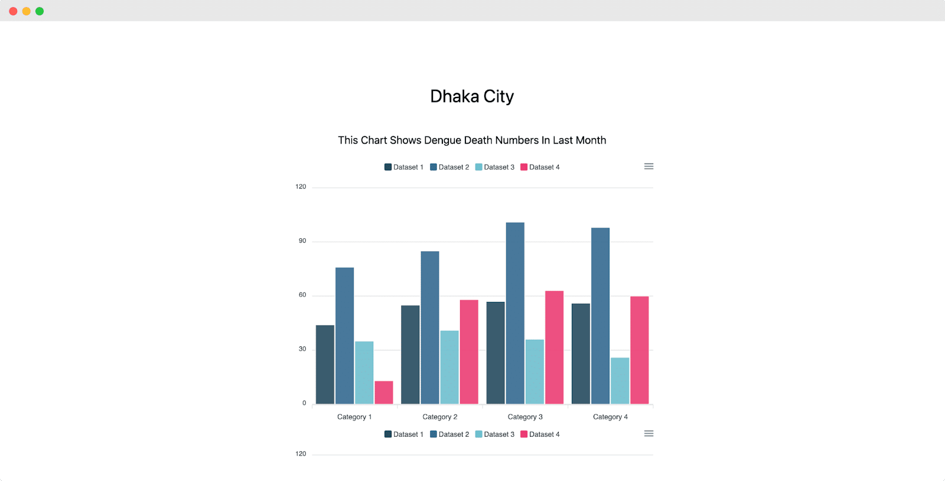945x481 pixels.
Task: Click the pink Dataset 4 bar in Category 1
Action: click(384, 392)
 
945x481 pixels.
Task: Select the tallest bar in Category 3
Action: click(515, 313)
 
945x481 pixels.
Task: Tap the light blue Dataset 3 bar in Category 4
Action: click(620, 381)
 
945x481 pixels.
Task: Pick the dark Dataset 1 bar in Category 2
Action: click(410, 355)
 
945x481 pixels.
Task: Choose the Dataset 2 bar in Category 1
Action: click(344, 336)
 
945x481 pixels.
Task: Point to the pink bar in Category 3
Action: click(554, 347)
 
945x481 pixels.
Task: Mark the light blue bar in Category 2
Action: click(449, 367)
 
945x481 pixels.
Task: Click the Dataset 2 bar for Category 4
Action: click(600, 316)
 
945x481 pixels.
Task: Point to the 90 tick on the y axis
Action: click(302, 241)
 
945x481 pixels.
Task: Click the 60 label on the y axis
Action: click(302, 295)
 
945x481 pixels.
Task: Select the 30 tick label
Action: click(302, 349)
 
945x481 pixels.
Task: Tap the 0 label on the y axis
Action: click(304, 403)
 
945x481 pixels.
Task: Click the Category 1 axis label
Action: click(354, 417)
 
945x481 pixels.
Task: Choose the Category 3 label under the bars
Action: click(525, 417)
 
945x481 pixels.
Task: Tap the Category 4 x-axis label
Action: click(610, 417)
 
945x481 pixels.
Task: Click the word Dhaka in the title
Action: click(454, 96)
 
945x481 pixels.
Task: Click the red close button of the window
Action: click(13, 11)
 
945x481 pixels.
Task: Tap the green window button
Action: click(40, 11)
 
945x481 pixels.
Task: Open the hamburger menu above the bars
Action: click(649, 167)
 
